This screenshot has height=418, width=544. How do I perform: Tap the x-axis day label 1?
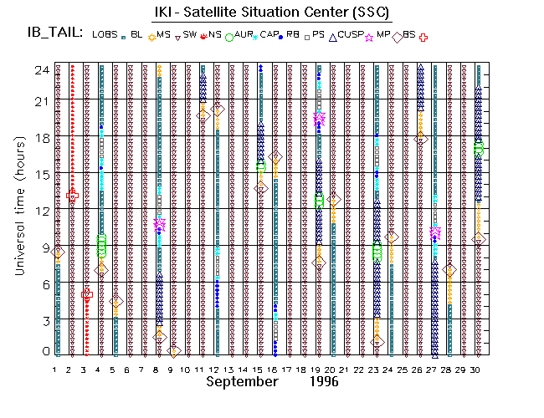coord(55,370)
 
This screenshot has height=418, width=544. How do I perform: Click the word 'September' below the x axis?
coord(242,381)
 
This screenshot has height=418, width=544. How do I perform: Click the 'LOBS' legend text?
coord(105,35)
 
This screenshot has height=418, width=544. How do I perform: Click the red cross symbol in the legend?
coord(423,37)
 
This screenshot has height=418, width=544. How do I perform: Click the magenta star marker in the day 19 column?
coord(319,119)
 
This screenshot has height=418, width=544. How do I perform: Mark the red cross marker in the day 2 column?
coord(72,196)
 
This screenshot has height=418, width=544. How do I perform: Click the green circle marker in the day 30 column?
coord(479,149)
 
